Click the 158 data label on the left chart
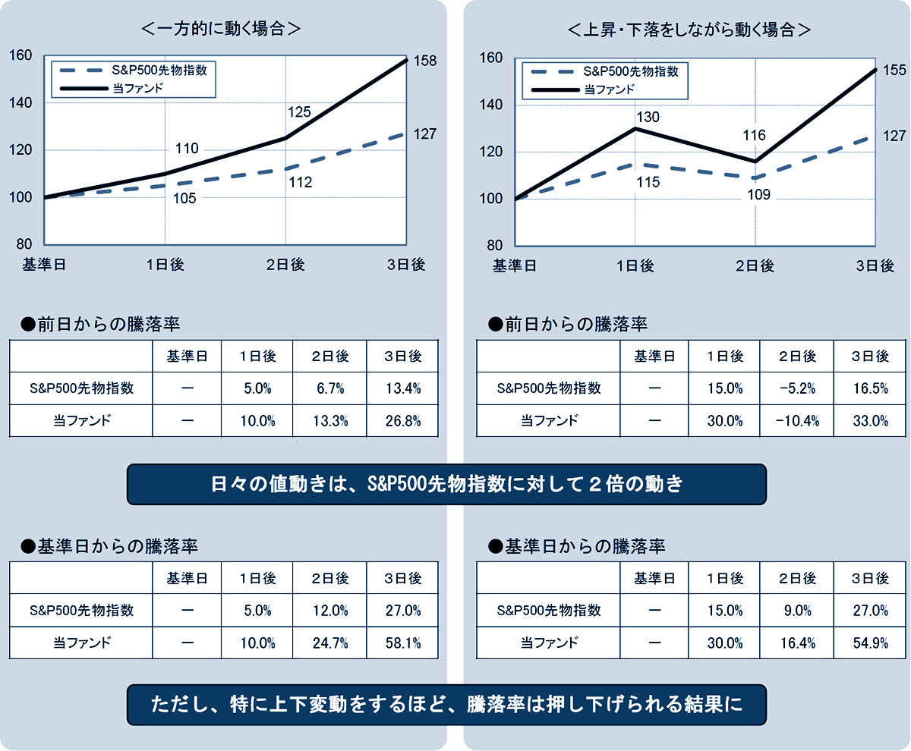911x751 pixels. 425,61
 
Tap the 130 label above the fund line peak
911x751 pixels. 648,117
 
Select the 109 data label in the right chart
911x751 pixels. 758,194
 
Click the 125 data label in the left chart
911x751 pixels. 299,112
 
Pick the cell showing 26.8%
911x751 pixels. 402,421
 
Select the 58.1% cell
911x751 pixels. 402,643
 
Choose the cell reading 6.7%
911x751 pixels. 329,388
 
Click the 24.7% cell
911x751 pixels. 329,643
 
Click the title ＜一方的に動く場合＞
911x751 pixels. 222,30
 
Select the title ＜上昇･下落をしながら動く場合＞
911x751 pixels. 689,30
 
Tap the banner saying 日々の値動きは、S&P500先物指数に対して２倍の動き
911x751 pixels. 446,485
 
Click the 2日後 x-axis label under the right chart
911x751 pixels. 755,266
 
